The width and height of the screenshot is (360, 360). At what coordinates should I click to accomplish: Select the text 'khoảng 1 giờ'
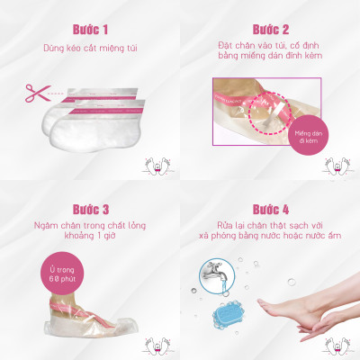[x=89, y=235]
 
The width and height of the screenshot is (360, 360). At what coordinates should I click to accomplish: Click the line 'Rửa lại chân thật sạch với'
[x=271, y=222]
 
